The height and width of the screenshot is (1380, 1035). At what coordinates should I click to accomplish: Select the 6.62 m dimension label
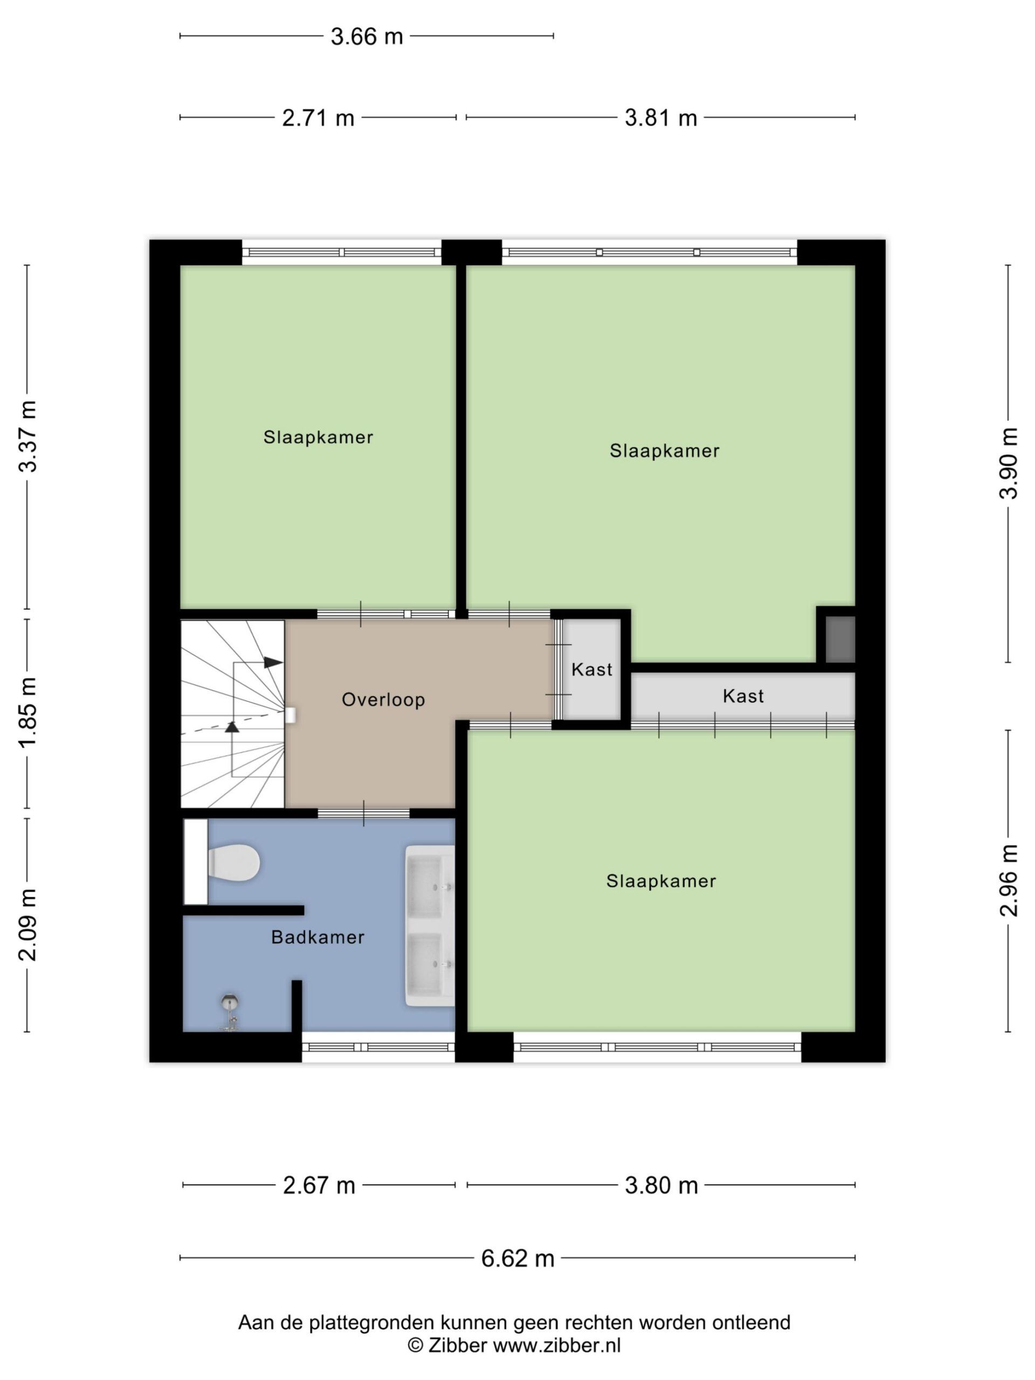[517, 1258]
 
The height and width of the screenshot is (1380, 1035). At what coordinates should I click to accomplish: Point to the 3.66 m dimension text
[367, 37]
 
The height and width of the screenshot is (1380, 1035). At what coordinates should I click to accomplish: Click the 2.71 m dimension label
[318, 118]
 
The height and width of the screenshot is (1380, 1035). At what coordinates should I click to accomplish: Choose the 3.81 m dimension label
[661, 118]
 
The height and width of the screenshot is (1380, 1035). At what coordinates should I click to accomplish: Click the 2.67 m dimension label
[319, 1185]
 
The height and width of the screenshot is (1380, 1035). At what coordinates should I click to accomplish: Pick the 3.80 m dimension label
[661, 1185]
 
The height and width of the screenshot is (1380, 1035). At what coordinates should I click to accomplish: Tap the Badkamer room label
[318, 937]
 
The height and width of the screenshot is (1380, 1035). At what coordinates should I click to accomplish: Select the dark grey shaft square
[840, 639]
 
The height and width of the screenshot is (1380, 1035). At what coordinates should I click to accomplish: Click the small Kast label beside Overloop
[591, 670]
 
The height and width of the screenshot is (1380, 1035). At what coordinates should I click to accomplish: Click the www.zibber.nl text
[557, 1345]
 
